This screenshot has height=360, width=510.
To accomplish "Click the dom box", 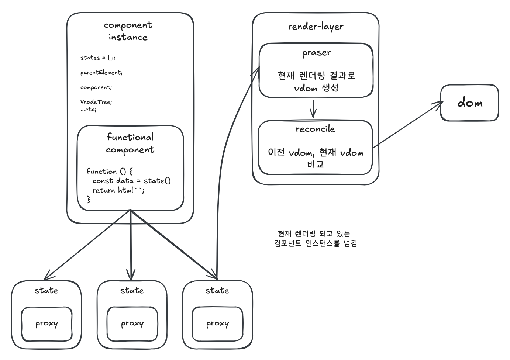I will pyautogui.click(x=469, y=103).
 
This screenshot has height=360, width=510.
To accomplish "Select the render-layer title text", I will pyautogui.click(x=316, y=27).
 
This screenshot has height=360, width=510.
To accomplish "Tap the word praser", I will pyautogui.click(x=316, y=53).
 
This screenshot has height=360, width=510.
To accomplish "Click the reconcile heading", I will pyautogui.click(x=315, y=129).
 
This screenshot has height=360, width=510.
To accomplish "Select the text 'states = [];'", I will pyautogui.click(x=98, y=58).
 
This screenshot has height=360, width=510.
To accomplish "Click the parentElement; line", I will pyautogui.click(x=101, y=73).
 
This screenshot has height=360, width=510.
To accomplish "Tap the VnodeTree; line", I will pyautogui.click(x=96, y=102).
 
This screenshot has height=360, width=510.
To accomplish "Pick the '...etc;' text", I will pyautogui.click(x=89, y=110).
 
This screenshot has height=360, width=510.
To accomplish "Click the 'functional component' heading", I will pyautogui.click(x=130, y=143).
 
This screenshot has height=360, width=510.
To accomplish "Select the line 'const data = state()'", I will pyautogui.click(x=132, y=181).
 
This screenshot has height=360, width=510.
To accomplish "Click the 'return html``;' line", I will pyautogui.click(x=118, y=190).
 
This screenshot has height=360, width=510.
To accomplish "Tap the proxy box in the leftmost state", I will pyautogui.click(x=46, y=324).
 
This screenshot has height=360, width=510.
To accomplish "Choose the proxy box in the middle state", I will pyautogui.click(x=132, y=324).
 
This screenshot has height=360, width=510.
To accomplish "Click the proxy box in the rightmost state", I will pyautogui.click(x=217, y=324).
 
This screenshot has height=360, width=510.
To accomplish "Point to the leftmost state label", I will pyautogui.click(x=46, y=291).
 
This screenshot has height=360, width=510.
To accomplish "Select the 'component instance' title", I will pyautogui.click(x=128, y=31).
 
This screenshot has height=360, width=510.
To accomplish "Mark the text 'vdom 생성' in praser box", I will pyautogui.click(x=316, y=88).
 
